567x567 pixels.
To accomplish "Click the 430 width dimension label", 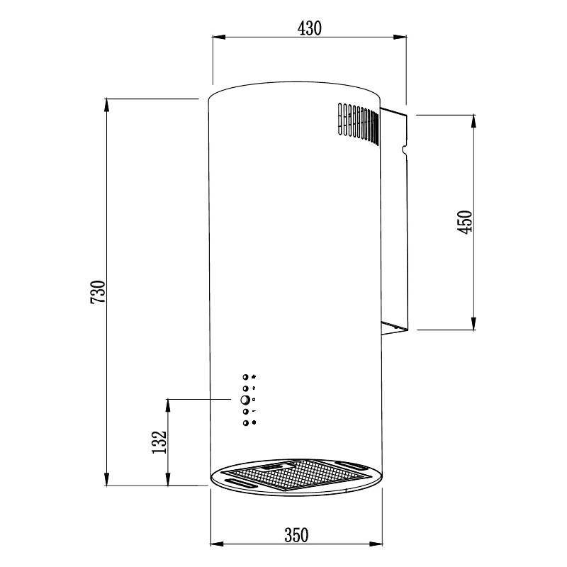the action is pos(310,28).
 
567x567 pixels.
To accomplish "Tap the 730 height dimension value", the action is pos(98,292).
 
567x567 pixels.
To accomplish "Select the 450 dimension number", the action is pos(465,222).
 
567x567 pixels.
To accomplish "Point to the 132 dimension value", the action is pos(159,442).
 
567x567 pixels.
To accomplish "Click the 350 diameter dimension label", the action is pos(296,535).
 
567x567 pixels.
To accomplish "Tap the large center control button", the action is pos(245,400).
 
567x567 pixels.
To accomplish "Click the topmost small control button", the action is pos(245,377).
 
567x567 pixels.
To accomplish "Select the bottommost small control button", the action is pos(246,422).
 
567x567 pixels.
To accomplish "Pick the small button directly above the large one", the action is pos(245,388).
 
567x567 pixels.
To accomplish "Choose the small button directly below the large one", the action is pos(246,412).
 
